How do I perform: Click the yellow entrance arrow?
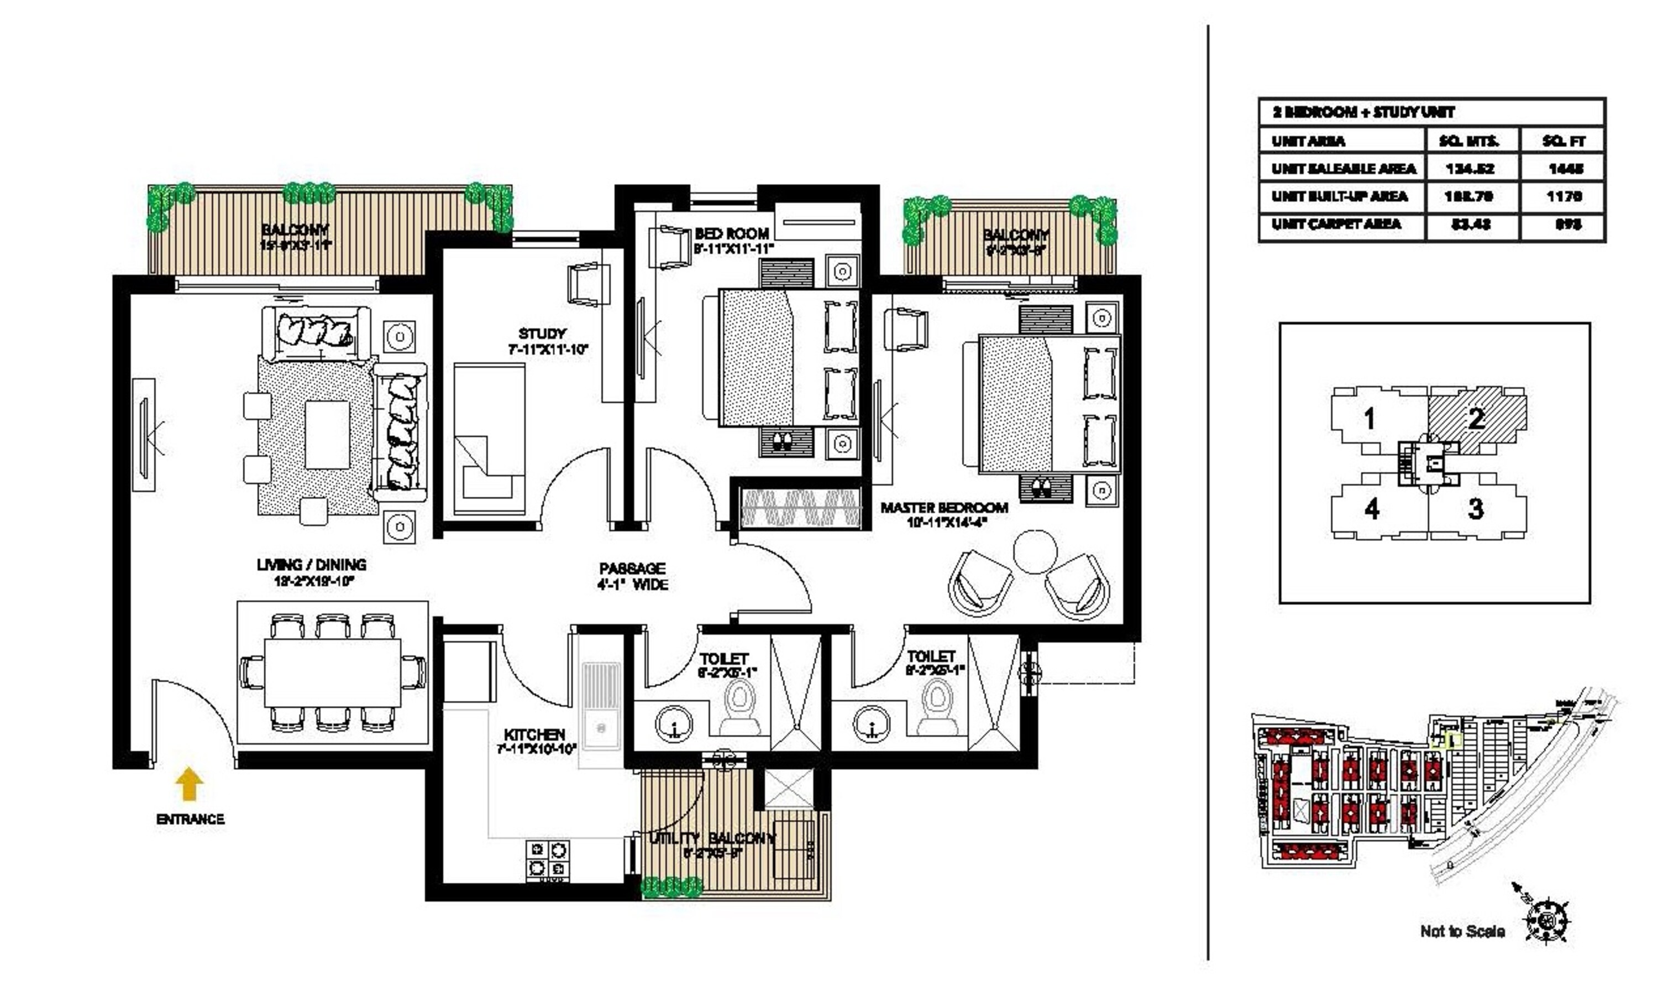pyautogui.click(x=189, y=784)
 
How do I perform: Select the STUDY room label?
pyautogui.click(x=542, y=334)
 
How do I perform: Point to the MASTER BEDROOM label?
pyautogui.click(x=943, y=508)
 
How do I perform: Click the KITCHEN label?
pyautogui.click(x=534, y=734)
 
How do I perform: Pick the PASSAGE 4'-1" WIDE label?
pyautogui.click(x=632, y=576)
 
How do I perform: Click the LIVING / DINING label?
pyautogui.click(x=312, y=565)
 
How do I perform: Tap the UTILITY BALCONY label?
pyautogui.click(x=712, y=838)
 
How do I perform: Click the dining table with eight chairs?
pyautogui.click(x=332, y=672)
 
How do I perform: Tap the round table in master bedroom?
pyautogui.click(x=1035, y=551)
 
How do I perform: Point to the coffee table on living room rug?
pyautogui.click(x=327, y=435)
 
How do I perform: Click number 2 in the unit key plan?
pyautogui.click(x=1476, y=419)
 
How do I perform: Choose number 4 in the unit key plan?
pyautogui.click(x=1371, y=508)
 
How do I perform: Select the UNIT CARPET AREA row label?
pyautogui.click(x=1336, y=224)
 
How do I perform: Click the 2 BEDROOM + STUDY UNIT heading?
pyautogui.click(x=1363, y=112)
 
